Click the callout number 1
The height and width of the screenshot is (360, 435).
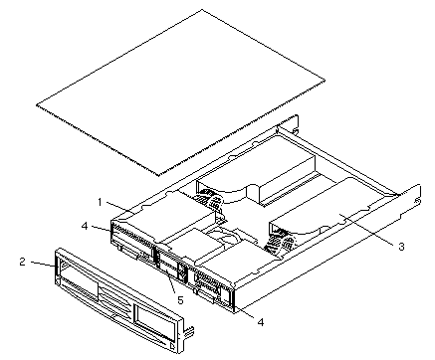100,202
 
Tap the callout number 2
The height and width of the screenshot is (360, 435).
23,262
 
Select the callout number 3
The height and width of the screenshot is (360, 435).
401,247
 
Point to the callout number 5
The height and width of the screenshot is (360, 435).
180,300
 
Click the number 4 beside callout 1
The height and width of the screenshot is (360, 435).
85,226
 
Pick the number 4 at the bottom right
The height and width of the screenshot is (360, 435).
261,322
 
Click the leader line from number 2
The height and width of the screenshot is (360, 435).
43,264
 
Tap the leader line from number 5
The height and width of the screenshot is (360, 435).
172,284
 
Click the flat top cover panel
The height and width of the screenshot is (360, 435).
181,92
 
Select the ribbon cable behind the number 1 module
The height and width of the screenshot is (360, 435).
209,200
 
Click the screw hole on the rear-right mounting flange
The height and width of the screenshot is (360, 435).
418,201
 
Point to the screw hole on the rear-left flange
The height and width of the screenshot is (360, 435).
294,130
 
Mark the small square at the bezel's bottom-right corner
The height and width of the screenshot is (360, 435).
172,347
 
